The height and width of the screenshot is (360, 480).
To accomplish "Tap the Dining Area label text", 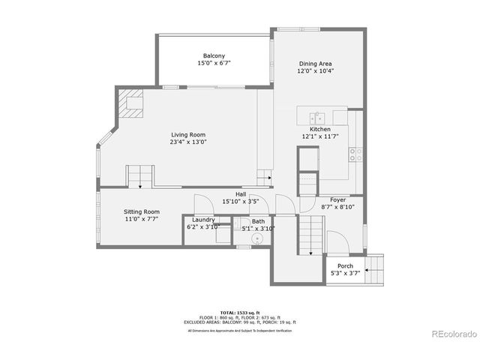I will tap(316, 64).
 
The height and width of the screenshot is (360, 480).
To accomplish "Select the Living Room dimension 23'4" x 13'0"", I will tap(188, 142).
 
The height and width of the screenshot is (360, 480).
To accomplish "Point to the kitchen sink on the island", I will tap(318, 117).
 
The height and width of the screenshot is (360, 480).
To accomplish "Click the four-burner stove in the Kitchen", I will tap(356, 154).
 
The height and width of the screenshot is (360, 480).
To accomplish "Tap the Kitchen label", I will tap(316, 130).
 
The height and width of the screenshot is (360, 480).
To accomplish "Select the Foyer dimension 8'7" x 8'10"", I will tap(337, 207).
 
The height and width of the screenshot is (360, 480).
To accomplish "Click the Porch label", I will tap(345, 266).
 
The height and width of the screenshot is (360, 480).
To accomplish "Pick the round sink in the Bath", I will tap(257, 238).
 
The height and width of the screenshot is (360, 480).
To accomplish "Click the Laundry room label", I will tap(202, 220).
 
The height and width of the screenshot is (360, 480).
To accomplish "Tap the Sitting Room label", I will tap(142, 212).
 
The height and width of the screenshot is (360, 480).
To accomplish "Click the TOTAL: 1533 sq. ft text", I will tap(239, 311).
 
